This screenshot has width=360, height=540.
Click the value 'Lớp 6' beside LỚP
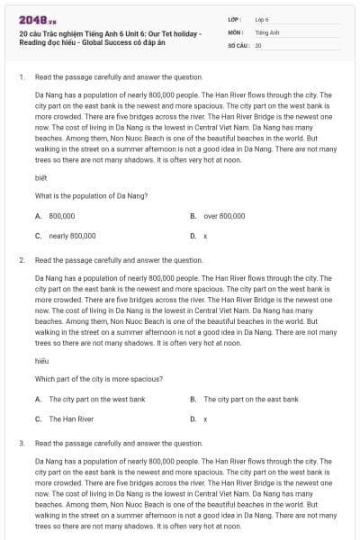pos(262,18)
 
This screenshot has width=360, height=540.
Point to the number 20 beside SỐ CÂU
pos(258,44)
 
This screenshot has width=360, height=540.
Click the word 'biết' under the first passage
pos(40,177)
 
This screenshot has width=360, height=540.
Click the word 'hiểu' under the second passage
pos(40,360)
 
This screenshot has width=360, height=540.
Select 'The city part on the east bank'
pos(250,399)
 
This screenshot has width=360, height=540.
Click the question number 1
pos(21,77)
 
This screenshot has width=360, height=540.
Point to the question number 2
pos(21,260)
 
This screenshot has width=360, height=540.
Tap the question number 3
pos(21,443)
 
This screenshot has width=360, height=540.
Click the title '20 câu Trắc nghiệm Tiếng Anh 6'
pos(108,33)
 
